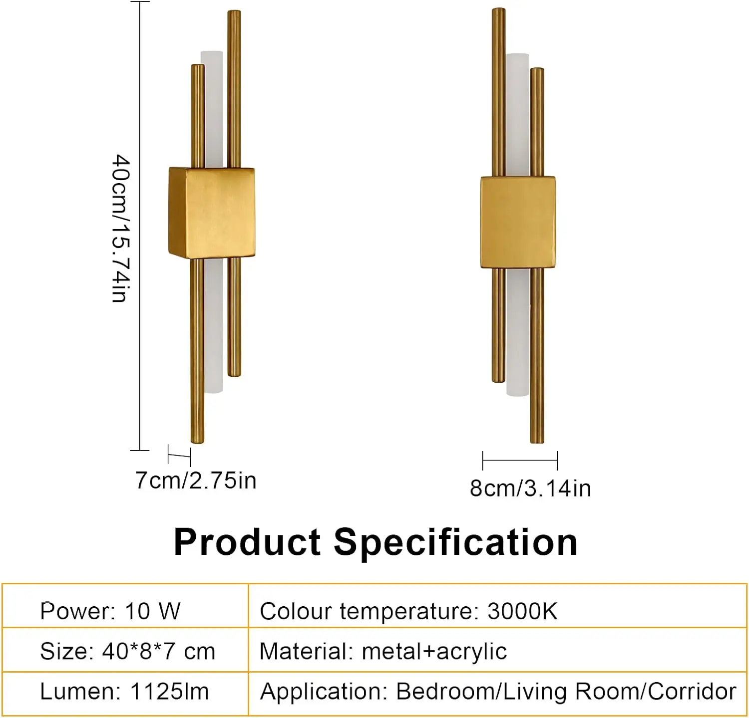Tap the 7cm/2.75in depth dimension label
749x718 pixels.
(x=196, y=480)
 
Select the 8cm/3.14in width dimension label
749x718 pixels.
(x=530, y=488)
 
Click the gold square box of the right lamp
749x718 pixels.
(x=518, y=222)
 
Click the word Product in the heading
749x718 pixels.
(x=247, y=542)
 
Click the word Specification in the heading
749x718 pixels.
(x=455, y=542)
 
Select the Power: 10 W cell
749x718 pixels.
(x=110, y=611)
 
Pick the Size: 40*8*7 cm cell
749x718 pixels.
(x=127, y=651)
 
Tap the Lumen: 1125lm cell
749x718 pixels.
(x=124, y=692)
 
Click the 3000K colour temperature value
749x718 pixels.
(x=522, y=611)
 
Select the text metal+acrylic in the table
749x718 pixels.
(x=434, y=651)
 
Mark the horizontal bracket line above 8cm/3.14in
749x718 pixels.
(x=520, y=459)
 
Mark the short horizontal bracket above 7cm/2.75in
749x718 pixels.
(x=179, y=455)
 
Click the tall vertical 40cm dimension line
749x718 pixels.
(x=140, y=225)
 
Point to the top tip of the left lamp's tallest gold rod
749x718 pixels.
(x=234, y=12)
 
